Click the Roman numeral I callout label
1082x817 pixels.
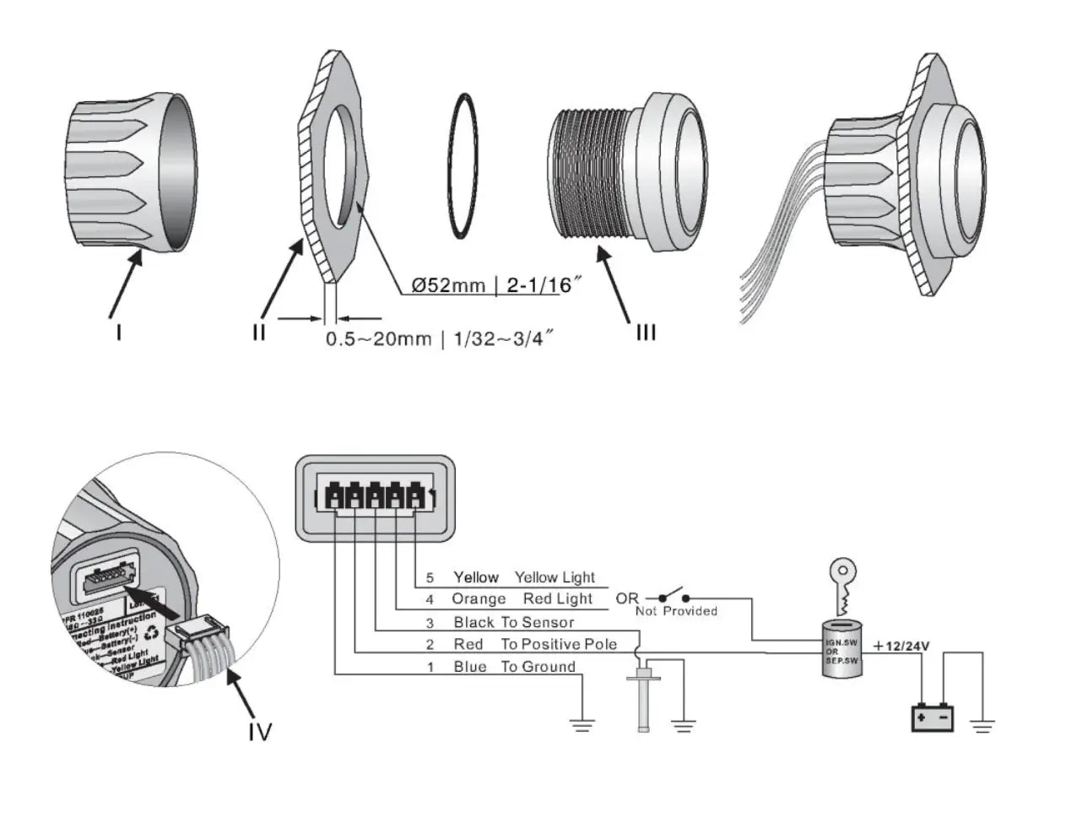[x=119, y=332]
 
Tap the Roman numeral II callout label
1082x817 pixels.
[x=258, y=332]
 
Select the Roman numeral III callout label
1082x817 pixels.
[x=645, y=332]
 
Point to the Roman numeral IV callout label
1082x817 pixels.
[x=259, y=731]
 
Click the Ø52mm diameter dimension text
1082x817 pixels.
[x=448, y=285]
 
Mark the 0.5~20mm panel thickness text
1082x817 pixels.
[x=378, y=339]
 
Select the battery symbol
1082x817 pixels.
[x=933, y=718]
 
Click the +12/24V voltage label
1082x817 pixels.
[x=901, y=647]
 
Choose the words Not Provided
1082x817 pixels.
[x=676, y=611]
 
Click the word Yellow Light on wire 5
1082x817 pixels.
[x=555, y=577]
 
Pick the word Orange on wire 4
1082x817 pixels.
[x=479, y=599]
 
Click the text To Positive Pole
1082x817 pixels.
[x=559, y=645]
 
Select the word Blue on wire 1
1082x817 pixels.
[x=470, y=667]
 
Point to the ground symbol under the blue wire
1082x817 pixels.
[x=582, y=725]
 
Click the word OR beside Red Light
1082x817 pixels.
[x=627, y=598]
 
